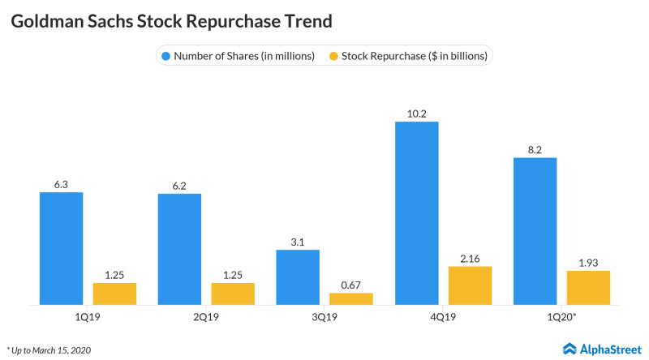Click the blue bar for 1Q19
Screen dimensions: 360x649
62,248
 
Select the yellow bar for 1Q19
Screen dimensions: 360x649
114,294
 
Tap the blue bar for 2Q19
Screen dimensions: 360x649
179,249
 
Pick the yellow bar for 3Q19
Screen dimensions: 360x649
351,298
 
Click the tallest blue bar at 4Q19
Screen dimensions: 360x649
416,213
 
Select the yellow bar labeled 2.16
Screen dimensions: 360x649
470,285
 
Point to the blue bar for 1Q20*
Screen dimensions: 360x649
535,231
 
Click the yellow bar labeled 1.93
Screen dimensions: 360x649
588,287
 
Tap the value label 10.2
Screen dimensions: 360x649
416,114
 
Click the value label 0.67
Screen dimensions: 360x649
351,285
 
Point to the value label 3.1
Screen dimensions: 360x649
298,242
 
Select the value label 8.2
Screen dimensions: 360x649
535,149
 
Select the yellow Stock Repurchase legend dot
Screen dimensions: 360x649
333,56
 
